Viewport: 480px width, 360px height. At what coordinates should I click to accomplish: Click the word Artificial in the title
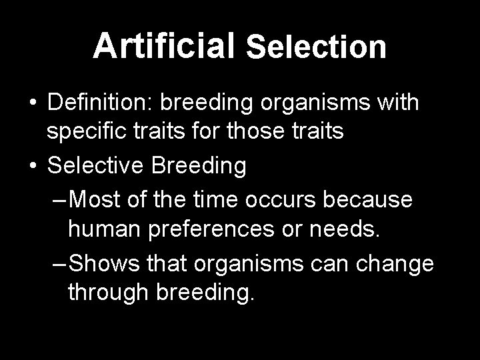(x=163, y=45)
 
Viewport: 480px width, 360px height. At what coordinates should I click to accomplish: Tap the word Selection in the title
(x=316, y=47)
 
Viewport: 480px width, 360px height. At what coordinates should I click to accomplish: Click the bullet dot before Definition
(x=32, y=104)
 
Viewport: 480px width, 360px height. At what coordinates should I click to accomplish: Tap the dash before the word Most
(x=59, y=199)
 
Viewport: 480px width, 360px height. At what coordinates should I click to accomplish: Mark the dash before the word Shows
(x=59, y=262)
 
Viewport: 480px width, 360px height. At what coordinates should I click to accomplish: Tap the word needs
(x=351, y=230)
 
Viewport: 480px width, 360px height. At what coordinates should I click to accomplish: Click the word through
(x=107, y=293)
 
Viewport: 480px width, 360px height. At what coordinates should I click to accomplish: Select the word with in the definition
(x=398, y=103)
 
